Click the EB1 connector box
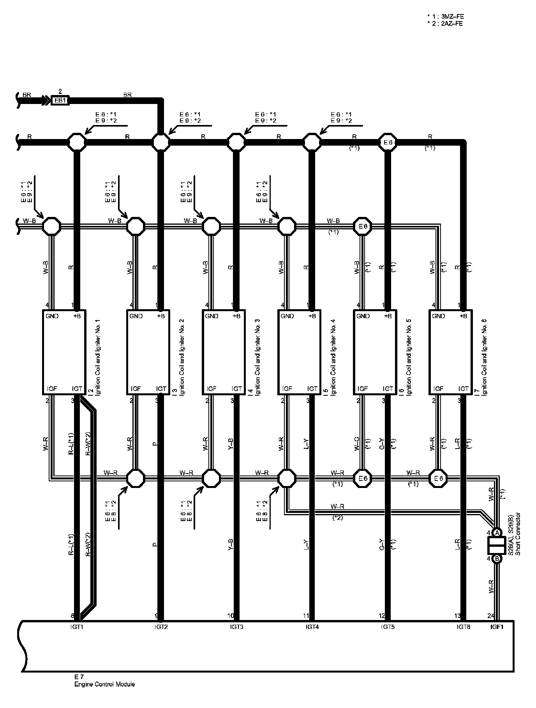tap(60, 100)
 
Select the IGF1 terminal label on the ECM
tap(497, 627)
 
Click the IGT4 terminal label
tap(312, 627)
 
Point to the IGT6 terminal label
tap(464, 627)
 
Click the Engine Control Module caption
tap(104, 684)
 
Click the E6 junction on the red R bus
tap(388, 143)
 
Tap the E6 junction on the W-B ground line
tap(363, 226)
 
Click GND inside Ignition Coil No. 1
tap(52, 316)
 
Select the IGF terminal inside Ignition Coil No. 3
tap(211, 389)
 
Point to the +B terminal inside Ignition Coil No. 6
tap(463, 316)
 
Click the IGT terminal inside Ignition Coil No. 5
tap(388, 389)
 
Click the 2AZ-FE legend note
tap(445, 23)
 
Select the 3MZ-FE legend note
tap(445, 16)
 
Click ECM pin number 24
tap(491, 616)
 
